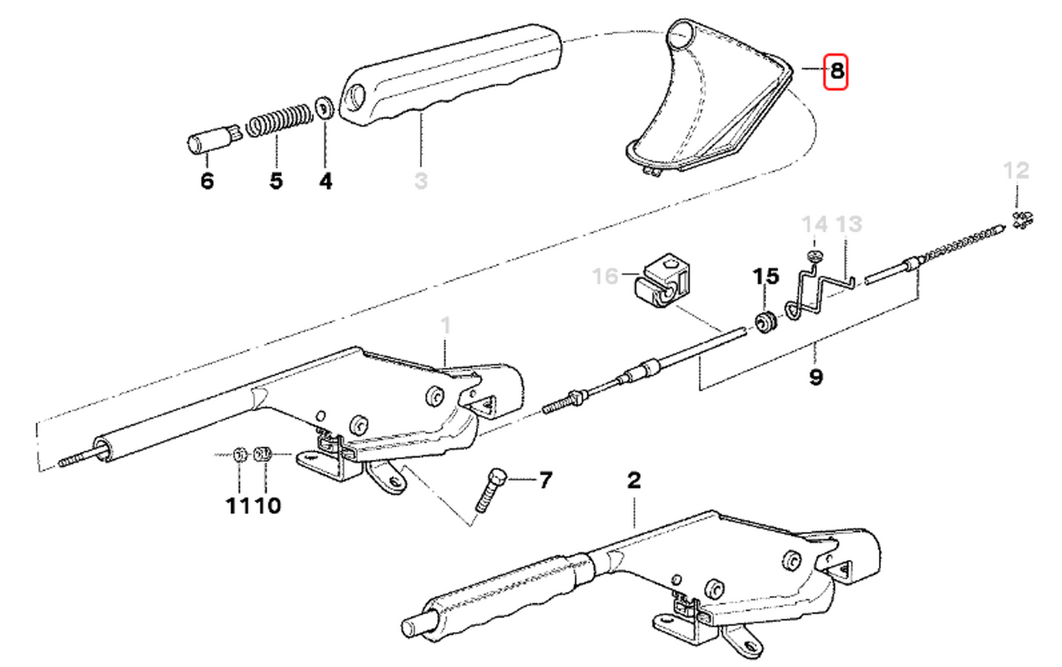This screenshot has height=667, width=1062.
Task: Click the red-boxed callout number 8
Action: [837, 72]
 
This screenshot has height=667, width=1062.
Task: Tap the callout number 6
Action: [206, 182]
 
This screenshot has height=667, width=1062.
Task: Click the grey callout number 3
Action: [421, 182]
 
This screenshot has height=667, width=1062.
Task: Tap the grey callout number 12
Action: [1017, 170]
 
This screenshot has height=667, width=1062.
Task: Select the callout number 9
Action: [815, 379]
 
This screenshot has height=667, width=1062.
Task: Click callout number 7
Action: [545, 480]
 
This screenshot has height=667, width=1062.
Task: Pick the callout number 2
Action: [634, 480]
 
